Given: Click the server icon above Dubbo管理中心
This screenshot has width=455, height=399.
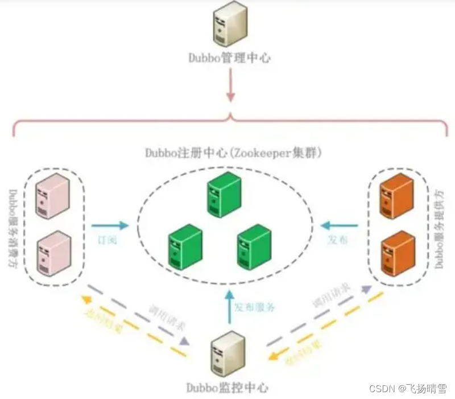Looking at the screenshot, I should (229, 24).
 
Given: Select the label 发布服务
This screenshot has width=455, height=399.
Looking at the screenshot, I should (255, 307).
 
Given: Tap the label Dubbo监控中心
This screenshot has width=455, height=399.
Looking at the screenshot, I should (227, 388).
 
